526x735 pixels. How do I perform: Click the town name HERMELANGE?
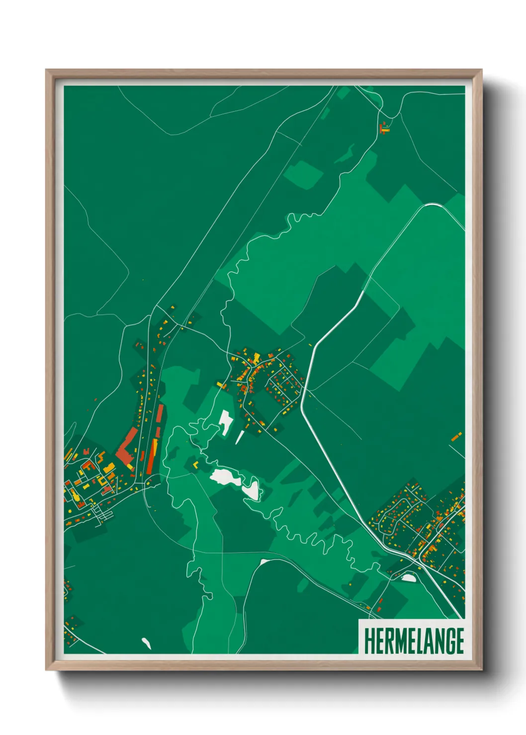point(414,641)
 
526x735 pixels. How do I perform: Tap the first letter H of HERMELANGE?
point(369,641)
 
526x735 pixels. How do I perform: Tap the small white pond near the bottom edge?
point(146,643)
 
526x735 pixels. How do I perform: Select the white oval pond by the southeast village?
point(408,577)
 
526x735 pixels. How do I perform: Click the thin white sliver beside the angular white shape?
point(240,437)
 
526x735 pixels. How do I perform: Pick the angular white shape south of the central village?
point(226,423)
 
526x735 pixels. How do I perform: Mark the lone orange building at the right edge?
point(456,437)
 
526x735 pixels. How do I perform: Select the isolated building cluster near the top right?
point(383,128)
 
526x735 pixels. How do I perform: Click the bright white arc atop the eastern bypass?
point(432,205)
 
